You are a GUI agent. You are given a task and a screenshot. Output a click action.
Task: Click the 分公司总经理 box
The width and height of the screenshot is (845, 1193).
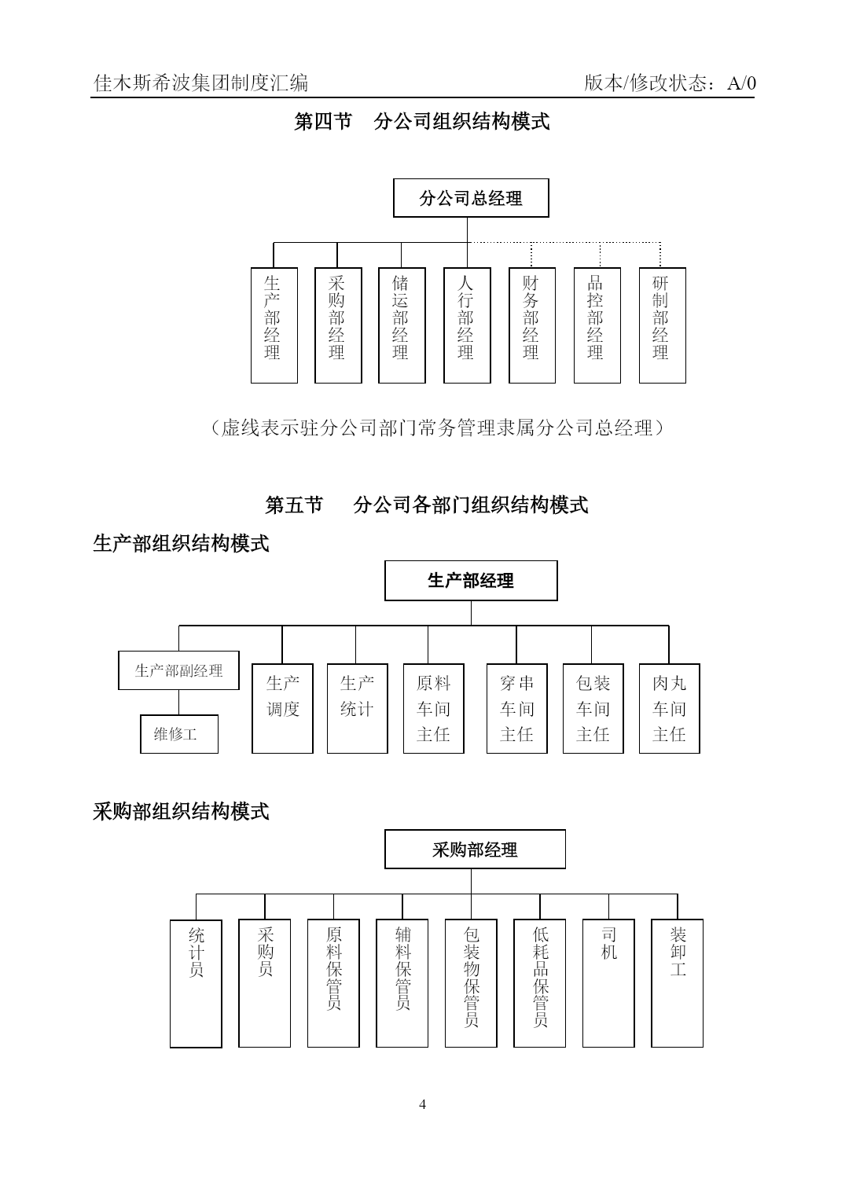[x=471, y=197]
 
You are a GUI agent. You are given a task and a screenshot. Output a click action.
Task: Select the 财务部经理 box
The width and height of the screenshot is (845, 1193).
[x=531, y=325]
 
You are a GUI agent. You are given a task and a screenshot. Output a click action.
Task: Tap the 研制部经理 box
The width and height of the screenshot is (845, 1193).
[x=663, y=325]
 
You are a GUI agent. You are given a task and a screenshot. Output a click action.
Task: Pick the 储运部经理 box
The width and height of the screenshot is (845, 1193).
[x=402, y=325]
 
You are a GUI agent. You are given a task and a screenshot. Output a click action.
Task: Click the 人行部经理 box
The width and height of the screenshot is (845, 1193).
[x=467, y=325]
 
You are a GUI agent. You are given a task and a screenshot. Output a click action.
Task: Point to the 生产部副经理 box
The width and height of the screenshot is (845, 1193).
[x=178, y=670]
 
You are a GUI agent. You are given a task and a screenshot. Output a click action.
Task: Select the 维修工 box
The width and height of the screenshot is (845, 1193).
[x=179, y=734]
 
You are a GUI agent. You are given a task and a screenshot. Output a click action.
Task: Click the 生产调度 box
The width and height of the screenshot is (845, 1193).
[x=282, y=708]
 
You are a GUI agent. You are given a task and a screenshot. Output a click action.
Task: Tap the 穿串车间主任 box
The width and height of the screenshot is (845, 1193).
[x=516, y=708]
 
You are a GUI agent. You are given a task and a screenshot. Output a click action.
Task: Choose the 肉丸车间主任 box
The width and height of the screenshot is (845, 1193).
[x=669, y=708]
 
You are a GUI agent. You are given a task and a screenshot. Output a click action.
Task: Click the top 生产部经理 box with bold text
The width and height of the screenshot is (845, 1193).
[x=471, y=581]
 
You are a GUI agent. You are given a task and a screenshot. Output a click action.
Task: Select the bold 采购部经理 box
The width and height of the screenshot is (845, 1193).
[x=475, y=849]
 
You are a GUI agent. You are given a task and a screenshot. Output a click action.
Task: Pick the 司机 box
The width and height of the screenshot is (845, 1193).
[x=608, y=983]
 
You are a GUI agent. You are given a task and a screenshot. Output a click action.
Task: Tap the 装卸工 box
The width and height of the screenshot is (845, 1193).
[x=677, y=983]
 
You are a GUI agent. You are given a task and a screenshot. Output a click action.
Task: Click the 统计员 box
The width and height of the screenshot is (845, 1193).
[x=196, y=984]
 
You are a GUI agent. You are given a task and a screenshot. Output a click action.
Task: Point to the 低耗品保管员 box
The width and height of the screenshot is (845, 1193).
[x=540, y=983]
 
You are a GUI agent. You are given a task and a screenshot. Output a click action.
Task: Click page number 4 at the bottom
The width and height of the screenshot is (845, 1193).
[x=423, y=1104]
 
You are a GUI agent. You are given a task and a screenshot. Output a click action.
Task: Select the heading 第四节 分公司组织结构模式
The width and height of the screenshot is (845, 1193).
[x=422, y=122]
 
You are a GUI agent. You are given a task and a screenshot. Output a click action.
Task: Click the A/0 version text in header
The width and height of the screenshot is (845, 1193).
[x=742, y=83]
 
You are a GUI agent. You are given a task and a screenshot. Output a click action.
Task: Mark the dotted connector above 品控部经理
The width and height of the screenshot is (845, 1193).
[x=600, y=255]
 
